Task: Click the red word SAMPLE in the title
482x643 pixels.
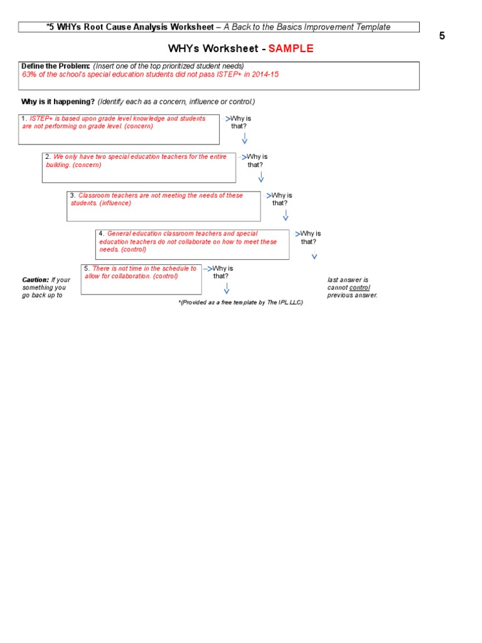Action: tap(291, 49)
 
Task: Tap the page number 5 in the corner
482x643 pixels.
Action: tap(442, 36)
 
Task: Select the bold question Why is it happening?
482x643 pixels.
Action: tap(58, 102)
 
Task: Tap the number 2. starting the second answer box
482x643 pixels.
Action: tap(48, 157)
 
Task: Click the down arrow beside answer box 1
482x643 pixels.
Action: tap(244, 139)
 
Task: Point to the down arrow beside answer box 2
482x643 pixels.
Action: tap(261, 177)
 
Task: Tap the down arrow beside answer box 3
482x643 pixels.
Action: tap(286, 215)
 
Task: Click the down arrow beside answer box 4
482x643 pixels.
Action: tap(314, 255)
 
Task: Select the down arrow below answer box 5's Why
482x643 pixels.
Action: tap(227, 288)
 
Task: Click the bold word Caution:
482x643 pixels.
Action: tap(35, 279)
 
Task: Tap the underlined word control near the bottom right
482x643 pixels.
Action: tap(360, 288)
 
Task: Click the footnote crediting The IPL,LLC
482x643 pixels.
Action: tap(241, 302)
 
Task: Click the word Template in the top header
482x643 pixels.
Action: tap(373, 27)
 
